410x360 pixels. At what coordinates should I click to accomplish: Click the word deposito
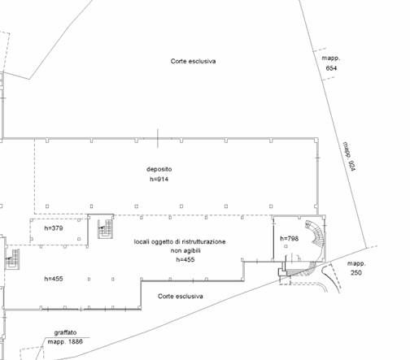(159, 169)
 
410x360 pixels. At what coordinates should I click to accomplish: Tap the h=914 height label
(159, 179)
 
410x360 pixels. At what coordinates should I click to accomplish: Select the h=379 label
(54, 228)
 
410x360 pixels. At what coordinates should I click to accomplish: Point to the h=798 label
(290, 238)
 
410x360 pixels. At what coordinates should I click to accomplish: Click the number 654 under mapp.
(331, 68)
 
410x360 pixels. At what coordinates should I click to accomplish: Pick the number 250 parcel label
(356, 272)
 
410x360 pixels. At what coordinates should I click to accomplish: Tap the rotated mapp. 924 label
(350, 157)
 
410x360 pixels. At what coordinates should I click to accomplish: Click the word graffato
(65, 332)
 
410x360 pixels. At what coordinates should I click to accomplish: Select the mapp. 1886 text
(65, 341)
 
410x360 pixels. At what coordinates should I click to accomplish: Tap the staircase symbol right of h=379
(105, 229)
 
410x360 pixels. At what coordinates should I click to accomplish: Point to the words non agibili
(185, 250)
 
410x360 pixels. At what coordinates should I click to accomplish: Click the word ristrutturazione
(203, 241)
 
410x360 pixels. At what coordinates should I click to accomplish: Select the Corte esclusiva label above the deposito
(193, 61)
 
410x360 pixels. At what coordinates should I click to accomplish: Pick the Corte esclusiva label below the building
(181, 297)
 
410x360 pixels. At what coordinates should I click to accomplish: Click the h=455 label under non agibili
(185, 259)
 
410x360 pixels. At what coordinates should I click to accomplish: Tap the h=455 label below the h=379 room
(54, 279)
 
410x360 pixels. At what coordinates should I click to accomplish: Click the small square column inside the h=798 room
(286, 246)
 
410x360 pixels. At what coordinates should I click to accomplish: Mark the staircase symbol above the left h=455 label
(12, 259)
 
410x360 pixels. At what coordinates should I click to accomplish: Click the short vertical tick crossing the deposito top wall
(158, 139)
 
